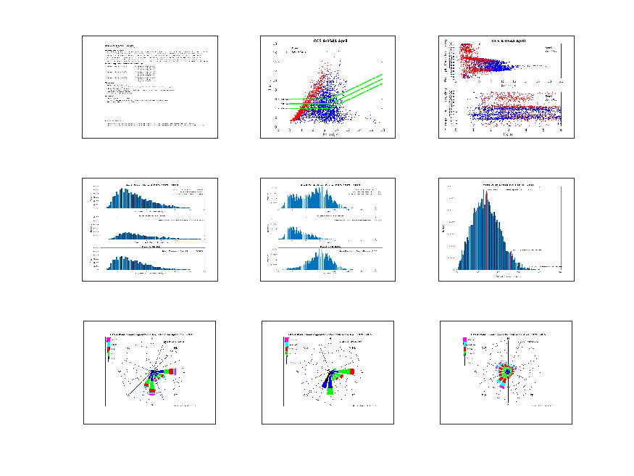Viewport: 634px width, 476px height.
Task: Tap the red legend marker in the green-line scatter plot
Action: pos(288,49)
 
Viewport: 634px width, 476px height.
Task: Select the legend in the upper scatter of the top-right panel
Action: pos(550,49)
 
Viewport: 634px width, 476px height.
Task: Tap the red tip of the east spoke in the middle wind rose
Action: pos(354,371)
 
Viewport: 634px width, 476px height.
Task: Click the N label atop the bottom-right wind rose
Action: pos(509,339)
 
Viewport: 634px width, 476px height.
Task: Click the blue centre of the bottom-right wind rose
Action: pos(508,372)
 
